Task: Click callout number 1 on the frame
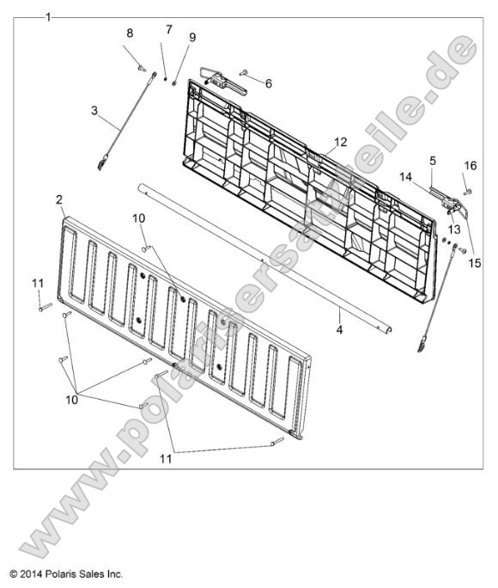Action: pos(48,18)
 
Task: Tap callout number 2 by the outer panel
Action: pos(59,200)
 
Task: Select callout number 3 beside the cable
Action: pos(94,111)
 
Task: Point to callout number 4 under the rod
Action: pos(339,330)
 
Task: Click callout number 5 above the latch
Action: pos(433,162)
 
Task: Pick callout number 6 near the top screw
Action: pos(269,83)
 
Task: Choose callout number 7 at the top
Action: pos(169,29)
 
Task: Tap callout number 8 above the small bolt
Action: pos(130,34)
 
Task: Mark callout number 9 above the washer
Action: pos(192,38)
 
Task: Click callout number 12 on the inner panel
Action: pos(341,142)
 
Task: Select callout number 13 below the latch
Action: pos(454,229)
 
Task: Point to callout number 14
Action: pos(405,177)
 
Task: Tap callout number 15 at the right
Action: pos(475,263)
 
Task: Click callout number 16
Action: pos(471,165)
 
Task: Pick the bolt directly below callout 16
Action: pos(468,192)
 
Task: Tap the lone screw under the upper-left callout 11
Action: pos(45,308)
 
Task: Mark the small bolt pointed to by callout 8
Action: pos(142,68)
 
